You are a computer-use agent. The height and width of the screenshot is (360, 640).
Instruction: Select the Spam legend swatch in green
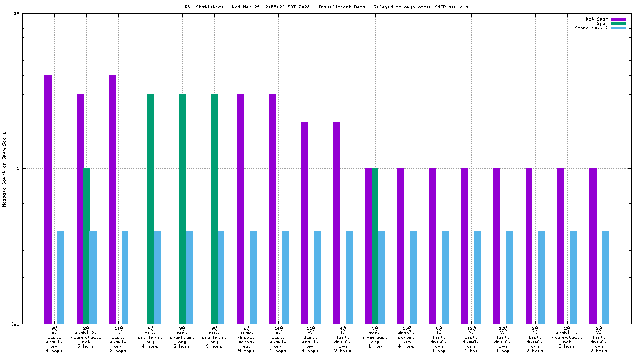coord(618,23)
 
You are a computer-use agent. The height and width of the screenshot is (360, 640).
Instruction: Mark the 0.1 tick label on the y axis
coord(16,324)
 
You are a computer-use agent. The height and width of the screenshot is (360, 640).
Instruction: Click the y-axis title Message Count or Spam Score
coord(4,169)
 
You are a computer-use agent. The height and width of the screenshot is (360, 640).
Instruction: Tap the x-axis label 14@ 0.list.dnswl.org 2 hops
coord(278,339)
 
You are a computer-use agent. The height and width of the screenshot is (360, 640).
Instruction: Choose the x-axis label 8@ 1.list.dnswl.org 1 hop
coord(439,339)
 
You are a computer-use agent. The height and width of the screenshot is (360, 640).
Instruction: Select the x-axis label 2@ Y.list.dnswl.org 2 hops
coord(599,339)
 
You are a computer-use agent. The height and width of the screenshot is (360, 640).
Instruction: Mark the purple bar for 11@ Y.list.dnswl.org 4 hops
coord(304,222)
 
